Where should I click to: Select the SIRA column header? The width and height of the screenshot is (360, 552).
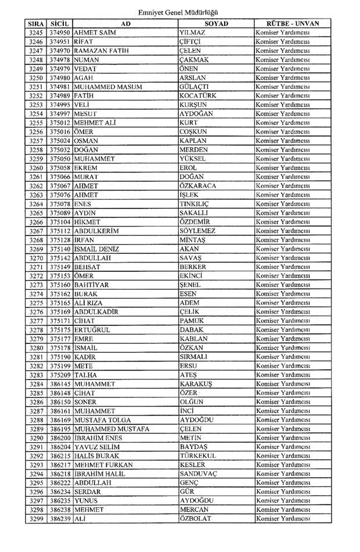pos(35,24)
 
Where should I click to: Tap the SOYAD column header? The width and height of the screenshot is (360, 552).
pos(216,24)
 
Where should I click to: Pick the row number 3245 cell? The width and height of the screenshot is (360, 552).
pos(35,33)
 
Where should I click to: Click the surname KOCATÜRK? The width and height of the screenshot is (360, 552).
pos(199,96)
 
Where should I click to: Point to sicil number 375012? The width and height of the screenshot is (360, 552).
pos(59,123)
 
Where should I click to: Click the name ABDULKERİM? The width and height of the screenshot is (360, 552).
pos(97,231)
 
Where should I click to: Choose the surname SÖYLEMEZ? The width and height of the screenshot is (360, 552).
pos(197,231)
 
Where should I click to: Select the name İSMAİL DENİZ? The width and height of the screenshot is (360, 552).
pos(96,249)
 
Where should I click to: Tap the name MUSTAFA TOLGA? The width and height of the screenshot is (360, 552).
pos(102,420)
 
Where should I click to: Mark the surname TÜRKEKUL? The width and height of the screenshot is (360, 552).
pos(197,456)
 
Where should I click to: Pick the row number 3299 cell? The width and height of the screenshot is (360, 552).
pos(35,519)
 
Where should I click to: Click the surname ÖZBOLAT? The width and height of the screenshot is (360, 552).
pos(196,519)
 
